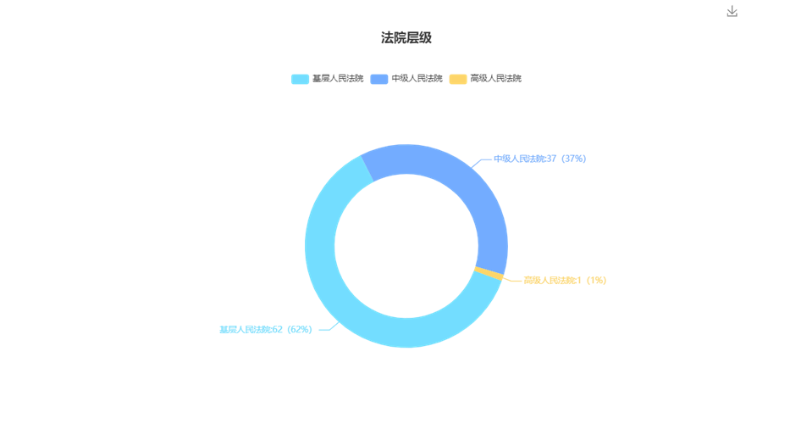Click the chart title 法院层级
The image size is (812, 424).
pyautogui.click(x=406, y=38)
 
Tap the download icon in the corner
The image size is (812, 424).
pyautogui.click(x=732, y=11)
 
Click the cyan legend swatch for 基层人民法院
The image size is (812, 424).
pyautogui.click(x=300, y=79)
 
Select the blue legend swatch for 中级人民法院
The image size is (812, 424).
pyautogui.click(x=379, y=79)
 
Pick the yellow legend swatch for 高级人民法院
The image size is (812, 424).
pyautogui.click(x=458, y=79)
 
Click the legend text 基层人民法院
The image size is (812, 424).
pyautogui.click(x=338, y=79)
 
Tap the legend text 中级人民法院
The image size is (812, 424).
pyautogui.click(x=417, y=79)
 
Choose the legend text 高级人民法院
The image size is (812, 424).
pyautogui.click(x=495, y=79)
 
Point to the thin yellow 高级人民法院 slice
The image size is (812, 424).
pyautogui.click(x=489, y=274)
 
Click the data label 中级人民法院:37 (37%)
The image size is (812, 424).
pyautogui.click(x=539, y=159)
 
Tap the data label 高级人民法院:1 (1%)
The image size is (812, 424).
pyautogui.click(x=565, y=281)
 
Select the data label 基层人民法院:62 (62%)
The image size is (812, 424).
pyautogui.click(x=266, y=330)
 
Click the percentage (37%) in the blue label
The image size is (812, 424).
pyautogui.click(x=573, y=159)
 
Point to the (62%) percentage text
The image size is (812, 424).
pyautogui.click(x=300, y=330)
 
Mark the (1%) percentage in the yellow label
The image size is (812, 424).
pyautogui.click(x=595, y=281)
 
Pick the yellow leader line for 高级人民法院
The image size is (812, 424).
pyautogui.click(x=511, y=281)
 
